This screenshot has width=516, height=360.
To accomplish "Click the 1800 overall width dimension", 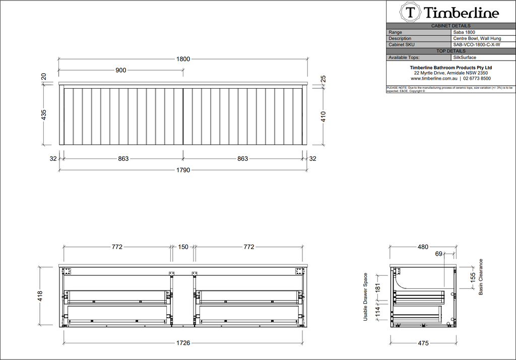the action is [x=183, y=59].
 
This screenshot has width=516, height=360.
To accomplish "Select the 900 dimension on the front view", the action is [x=121, y=70].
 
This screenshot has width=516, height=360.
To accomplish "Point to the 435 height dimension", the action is [x=43, y=114].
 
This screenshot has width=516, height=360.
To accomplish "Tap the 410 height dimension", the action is [x=323, y=116].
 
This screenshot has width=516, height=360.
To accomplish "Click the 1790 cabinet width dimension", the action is [x=183, y=170].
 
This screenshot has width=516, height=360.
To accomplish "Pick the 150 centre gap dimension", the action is [x=183, y=247].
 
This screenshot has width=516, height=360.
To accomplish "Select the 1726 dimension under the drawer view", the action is [x=183, y=343].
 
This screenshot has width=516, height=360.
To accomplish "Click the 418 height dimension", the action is [x=40, y=296].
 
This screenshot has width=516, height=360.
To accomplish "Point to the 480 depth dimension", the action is [x=423, y=247].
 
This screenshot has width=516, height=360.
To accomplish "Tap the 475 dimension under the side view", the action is [x=423, y=343].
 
